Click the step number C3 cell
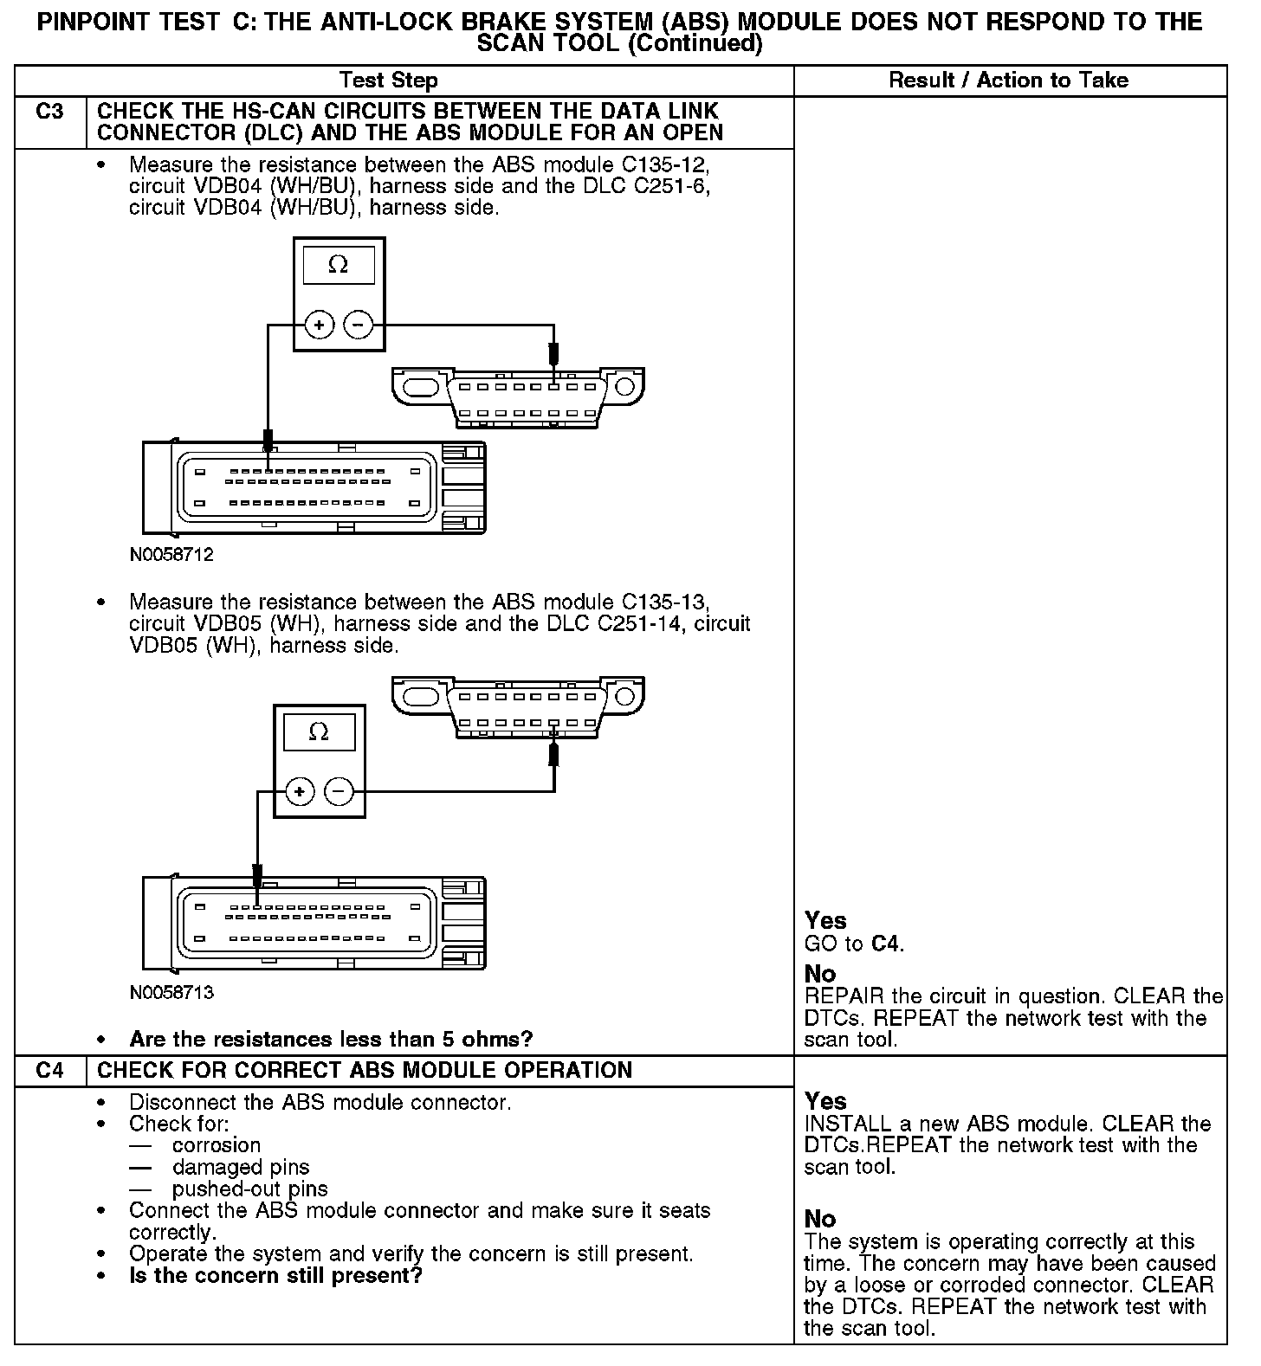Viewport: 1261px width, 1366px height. pyautogui.click(x=50, y=112)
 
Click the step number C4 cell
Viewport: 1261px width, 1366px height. pyautogui.click(x=50, y=1071)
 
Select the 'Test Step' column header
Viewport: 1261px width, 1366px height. pyautogui.click(x=389, y=81)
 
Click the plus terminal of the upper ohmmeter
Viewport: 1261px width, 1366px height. pyautogui.click(x=319, y=325)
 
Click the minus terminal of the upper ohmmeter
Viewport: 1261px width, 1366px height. pyautogui.click(x=359, y=325)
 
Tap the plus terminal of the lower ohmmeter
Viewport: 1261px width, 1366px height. pyautogui.click(x=299, y=791)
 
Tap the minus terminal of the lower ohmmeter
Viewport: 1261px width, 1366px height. pyautogui.click(x=339, y=791)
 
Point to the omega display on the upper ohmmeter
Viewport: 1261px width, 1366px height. pyautogui.click(x=339, y=266)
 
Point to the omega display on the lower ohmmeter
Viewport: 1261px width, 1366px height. pyautogui.click(x=319, y=732)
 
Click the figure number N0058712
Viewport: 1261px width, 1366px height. pyautogui.click(x=171, y=555)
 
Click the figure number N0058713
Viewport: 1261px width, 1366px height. pyautogui.click(x=171, y=992)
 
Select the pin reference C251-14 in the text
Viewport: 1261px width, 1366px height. pyautogui.click(x=641, y=624)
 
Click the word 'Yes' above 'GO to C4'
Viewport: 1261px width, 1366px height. pyautogui.click(x=825, y=920)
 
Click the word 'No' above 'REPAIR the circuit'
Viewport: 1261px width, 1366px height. pyautogui.click(x=819, y=974)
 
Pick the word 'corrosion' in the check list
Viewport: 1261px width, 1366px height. pyautogui.click(x=217, y=1145)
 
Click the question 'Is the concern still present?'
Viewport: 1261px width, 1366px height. pyautogui.click(x=275, y=1276)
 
